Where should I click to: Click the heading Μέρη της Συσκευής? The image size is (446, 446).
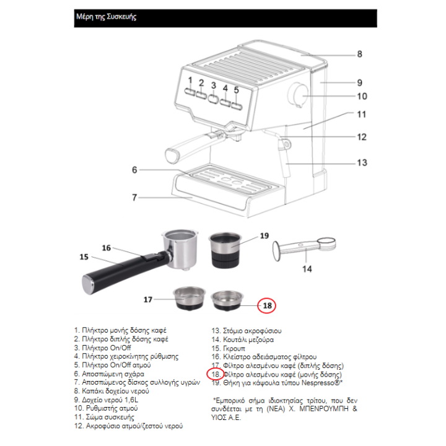click(x=105, y=17)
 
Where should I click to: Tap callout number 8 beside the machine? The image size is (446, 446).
click(x=359, y=54)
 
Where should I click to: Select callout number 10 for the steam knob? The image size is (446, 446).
click(x=362, y=96)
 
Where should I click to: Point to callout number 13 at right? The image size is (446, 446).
click(x=362, y=163)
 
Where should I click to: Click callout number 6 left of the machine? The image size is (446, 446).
click(x=133, y=169)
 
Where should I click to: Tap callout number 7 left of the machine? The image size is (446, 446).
click(x=133, y=198)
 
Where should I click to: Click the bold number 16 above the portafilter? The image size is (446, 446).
click(x=106, y=248)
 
